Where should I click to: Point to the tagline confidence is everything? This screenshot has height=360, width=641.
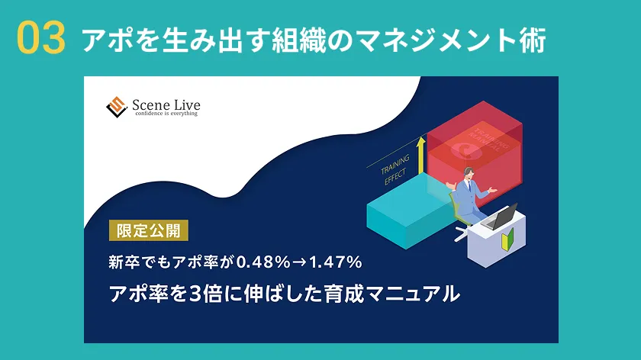pos(166,114)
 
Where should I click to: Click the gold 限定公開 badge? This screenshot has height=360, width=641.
pos(148,230)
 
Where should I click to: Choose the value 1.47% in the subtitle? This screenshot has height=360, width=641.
pos(333,262)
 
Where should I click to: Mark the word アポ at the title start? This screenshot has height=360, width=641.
pos(98,40)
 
